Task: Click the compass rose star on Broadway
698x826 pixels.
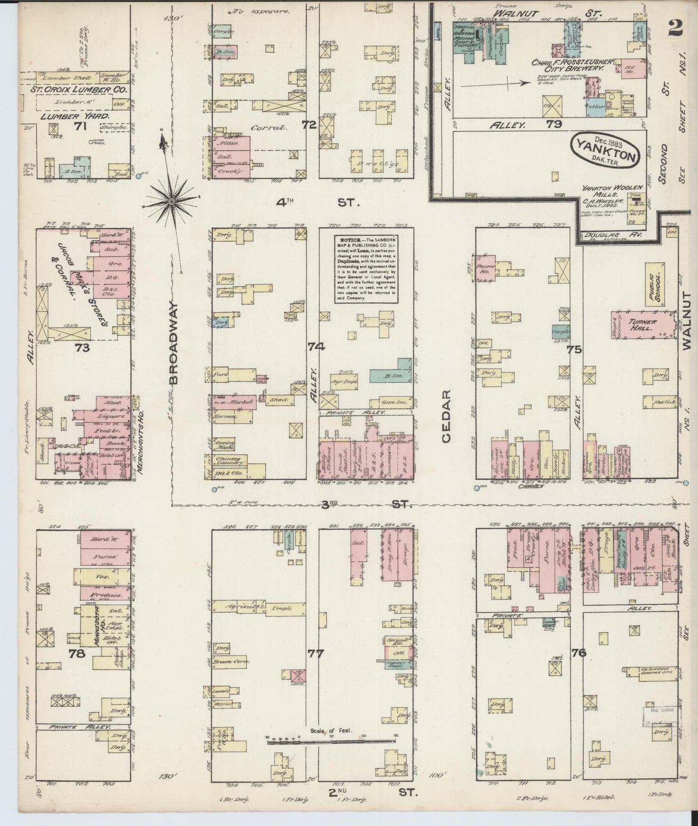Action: (x=171, y=200)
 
